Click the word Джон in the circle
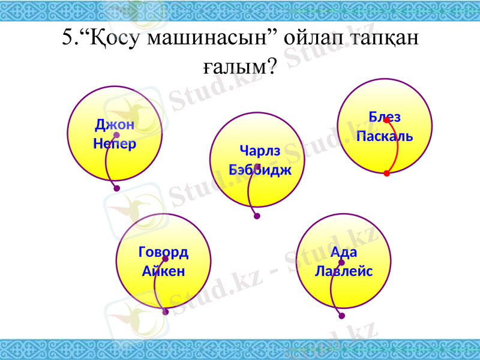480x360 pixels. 114,125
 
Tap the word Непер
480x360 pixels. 114,144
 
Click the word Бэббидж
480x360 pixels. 260,169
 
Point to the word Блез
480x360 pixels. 385,116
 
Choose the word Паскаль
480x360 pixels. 385,136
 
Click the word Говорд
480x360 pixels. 163,252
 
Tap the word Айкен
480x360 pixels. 163,271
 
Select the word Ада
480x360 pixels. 344,252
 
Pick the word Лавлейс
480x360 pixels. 344,271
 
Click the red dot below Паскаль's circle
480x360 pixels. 386,173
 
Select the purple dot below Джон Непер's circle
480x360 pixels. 116,188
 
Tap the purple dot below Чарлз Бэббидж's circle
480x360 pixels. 257,216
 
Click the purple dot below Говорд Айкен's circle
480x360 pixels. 166,312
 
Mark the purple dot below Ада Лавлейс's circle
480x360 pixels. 342,316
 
